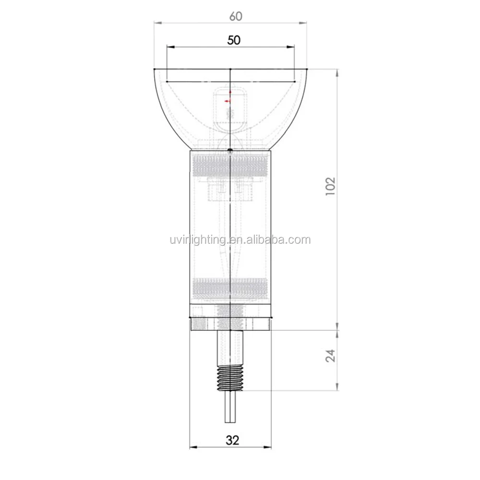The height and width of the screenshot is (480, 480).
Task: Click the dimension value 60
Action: (236, 16)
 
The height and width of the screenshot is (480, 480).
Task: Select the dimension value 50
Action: (234, 40)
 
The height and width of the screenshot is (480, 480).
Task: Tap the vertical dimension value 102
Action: (331, 186)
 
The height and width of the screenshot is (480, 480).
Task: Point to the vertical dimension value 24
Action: (331, 356)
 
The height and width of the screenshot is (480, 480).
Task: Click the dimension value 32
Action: (232, 440)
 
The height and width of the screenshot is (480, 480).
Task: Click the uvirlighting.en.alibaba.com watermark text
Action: (240, 240)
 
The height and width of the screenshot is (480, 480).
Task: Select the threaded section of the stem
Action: (230, 379)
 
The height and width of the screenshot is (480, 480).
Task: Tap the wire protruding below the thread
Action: (230, 407)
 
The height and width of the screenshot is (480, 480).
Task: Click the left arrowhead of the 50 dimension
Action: (170, 47)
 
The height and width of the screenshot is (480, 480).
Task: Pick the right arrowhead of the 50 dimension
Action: (290, 47)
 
